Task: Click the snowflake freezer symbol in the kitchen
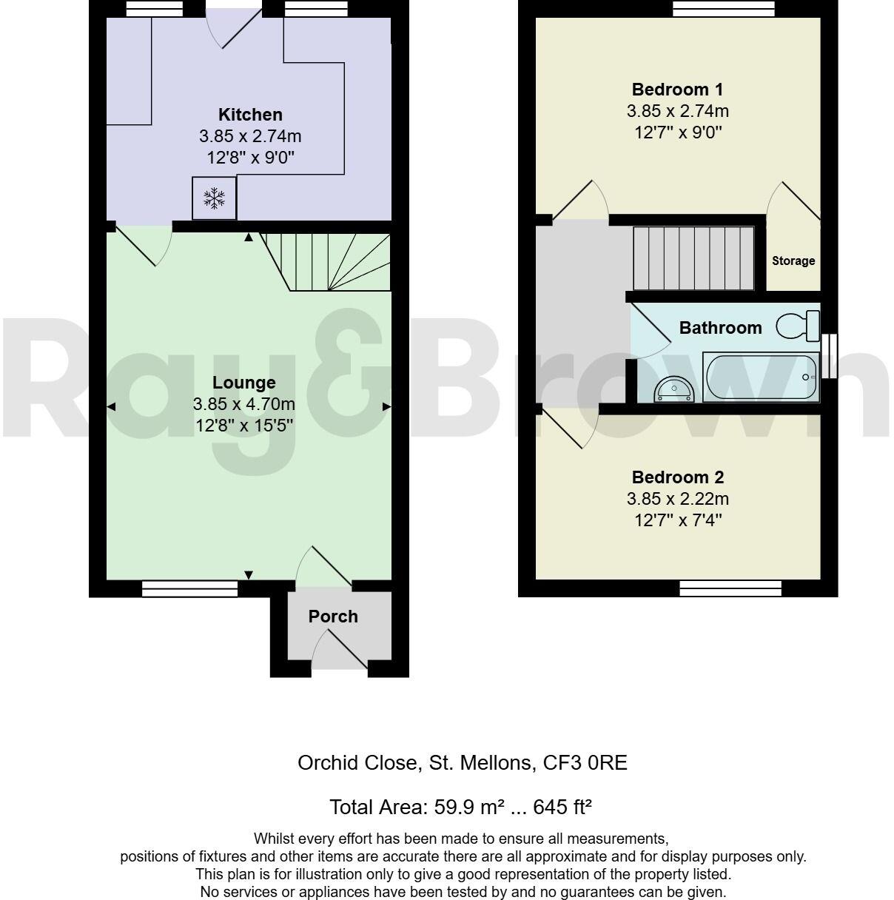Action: pyautogui.click(x=215, y=198)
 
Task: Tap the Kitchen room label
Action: pyautogui.click(x=250, y=115)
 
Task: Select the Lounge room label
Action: pyautogui.click(x=244, y=383)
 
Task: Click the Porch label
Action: pyautogui.click(x=333, y=617)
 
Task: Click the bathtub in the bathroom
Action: pyautogui.click(x=760, y=377)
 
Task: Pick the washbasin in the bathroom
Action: pyautogui.click(x=673, y=389)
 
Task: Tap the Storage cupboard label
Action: pyautogui.click(x=793, y=261)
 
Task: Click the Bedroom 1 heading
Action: pyautogui.click(x=677, y=90)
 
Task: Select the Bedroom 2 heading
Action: pyautogui.click(x=677, y=477)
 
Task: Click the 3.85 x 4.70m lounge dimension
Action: pyautogui.click(x=244, y=404)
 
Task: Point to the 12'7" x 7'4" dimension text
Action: pyautogui.click(x=677, y=520)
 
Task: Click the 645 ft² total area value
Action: pyautogui.click(x=562, y=807)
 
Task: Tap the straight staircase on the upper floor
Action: pyautogui.click(x=693, y=258)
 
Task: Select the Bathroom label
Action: pyautogui.click(x=720, y=328)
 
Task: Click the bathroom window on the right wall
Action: pyautogui.click(x=830, y=356)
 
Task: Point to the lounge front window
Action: pyautogui.click(x=190, y=588)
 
